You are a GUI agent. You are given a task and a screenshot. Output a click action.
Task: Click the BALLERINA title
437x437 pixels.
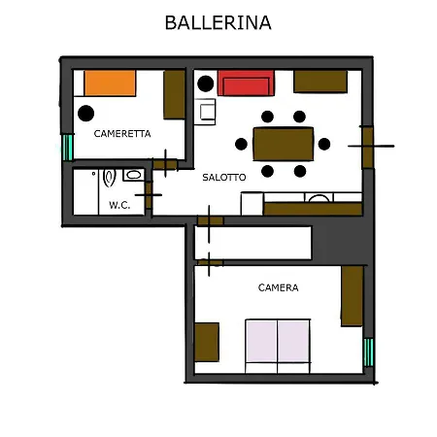coord(218,22)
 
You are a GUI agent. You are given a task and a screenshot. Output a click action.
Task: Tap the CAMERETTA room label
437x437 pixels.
coord(122,134)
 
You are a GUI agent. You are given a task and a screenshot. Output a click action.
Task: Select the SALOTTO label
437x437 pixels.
coord(224,178)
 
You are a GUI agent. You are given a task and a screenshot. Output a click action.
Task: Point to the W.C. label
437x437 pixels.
coord(119,205)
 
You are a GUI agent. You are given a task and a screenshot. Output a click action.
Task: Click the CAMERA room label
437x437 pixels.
coord(279,287)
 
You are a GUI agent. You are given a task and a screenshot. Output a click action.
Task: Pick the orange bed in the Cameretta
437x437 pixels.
coord(110,84)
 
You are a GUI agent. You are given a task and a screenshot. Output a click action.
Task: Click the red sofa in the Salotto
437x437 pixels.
coord(246,84)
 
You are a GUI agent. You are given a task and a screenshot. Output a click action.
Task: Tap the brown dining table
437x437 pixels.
coord(284,144)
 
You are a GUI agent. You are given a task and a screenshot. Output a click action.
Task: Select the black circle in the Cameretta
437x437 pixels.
coord(86,114)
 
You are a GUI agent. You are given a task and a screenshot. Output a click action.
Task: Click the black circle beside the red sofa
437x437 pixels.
coord(206,84)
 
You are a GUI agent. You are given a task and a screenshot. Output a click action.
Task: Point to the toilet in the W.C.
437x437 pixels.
coord(109,178)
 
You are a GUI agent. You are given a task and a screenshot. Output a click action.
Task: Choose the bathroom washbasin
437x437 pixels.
coord(133,175)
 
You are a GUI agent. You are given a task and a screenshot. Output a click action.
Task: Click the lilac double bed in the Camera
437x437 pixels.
coord(278,342)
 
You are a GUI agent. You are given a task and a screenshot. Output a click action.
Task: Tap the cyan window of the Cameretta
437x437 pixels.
coord(68,148)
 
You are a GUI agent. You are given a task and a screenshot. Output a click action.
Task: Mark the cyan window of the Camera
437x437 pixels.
coord(369,353)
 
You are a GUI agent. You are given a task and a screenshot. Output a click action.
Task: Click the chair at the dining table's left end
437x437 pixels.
coord(241,144)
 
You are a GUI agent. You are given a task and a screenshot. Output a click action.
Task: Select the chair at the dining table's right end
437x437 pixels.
coord(324,144)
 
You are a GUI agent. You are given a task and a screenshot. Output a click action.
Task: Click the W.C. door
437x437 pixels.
coord(149,195)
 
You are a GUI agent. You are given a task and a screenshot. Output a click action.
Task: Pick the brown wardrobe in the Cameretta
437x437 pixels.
coord(174,94)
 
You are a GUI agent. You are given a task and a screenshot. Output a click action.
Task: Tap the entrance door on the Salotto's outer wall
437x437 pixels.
coord(368,147)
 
